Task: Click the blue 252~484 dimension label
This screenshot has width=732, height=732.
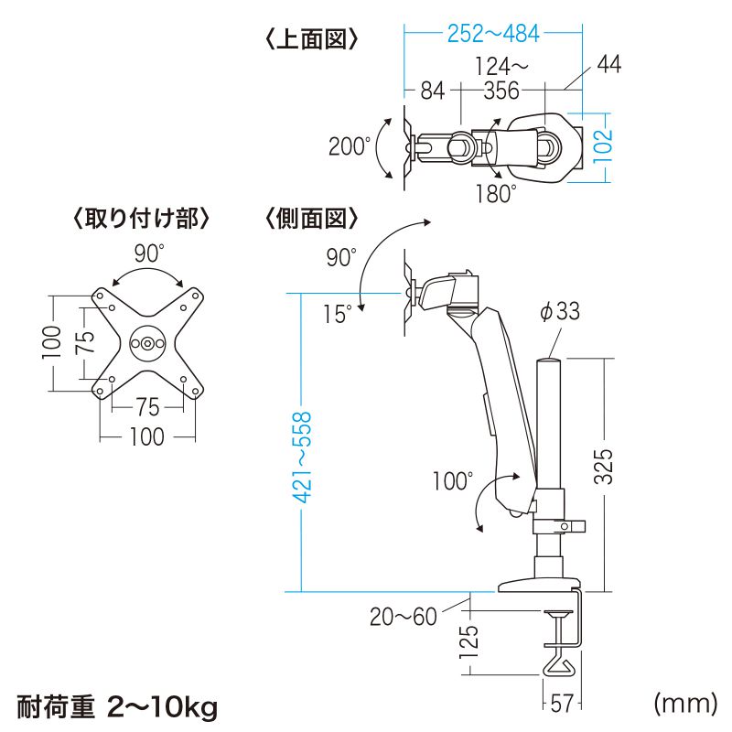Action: [x=493, y=34]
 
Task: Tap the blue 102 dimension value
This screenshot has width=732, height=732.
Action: [x=602, y=145]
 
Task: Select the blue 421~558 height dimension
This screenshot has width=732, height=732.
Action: [x=302, y=457]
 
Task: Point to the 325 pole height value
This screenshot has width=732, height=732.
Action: [x=603, y=466]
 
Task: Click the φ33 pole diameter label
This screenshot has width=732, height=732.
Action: [x=560, y=311]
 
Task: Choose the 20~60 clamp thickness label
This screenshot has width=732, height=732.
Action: [x=404, y=616]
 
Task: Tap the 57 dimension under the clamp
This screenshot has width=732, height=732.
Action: [x=562, y=703]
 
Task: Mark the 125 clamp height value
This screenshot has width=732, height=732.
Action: [x=469, y=641]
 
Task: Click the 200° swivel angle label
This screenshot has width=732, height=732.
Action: [x=350, y=146]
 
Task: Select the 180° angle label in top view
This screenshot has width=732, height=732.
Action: [x=496, y=194]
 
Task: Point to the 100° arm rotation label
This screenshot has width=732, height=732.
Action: [x=452, y=481]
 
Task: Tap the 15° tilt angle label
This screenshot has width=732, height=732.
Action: [x=338, y=314]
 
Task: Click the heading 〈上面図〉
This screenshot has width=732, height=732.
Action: [x=312, y=39]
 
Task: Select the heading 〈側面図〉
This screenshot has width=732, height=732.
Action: [x=312, y=219]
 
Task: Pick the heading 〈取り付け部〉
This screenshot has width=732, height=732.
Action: [x=141, y=219]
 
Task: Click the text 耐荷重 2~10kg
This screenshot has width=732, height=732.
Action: [x=118, y=707]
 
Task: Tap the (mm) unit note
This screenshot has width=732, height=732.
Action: [x=685, y=704]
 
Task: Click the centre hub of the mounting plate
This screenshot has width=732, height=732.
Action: [x=147, y=344]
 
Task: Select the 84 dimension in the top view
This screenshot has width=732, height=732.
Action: [x=433, y=91]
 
